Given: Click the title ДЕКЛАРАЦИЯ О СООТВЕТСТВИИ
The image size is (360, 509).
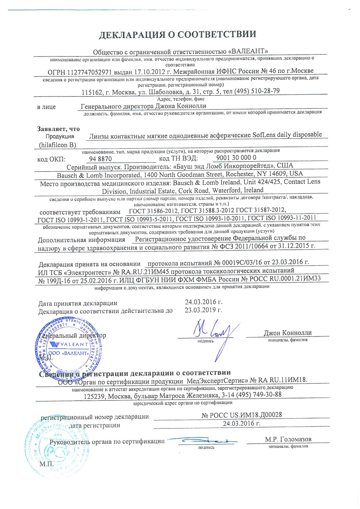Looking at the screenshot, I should (x=177, y=35).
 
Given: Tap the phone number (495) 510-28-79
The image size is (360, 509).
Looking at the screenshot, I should (x=257, y=91).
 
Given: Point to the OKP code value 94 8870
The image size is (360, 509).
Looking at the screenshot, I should (x=100, y=159).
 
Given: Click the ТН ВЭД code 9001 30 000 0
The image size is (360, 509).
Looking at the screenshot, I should (x=236, y=158).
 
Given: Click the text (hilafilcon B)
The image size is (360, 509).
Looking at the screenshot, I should (x=58, y=145).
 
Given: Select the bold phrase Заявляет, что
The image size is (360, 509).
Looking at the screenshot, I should (x=58, y=129).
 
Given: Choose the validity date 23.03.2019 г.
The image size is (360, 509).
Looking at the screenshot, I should (x=203, y=310).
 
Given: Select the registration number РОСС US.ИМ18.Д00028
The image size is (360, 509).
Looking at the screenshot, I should (x=242, y=415).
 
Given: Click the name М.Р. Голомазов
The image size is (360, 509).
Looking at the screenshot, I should (x=288, y=439).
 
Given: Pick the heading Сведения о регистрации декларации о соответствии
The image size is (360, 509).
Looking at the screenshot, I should (x=135, y=373).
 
